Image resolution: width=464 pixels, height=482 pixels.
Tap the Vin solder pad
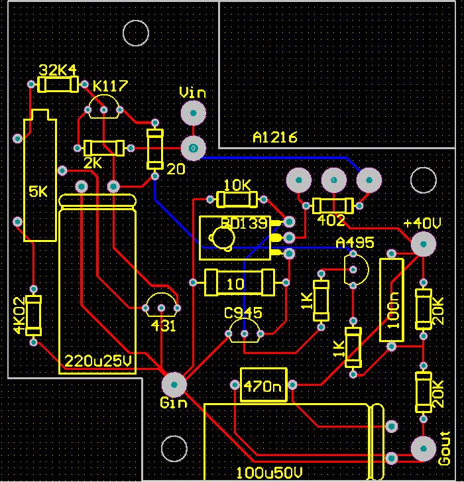[193, 114]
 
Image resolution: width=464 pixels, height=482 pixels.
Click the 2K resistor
[104, 148]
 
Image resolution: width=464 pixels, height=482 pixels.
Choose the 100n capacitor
[391, 300]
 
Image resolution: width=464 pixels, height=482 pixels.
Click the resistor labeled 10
[239, 282]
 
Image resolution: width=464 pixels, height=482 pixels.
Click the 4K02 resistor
[33, 316]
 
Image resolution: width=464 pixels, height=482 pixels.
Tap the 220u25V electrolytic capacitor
[98, 285]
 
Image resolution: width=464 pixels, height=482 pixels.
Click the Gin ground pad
[174, 384]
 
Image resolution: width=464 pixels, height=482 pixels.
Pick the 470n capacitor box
[263, 385]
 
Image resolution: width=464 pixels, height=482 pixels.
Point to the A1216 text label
[275, 137]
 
